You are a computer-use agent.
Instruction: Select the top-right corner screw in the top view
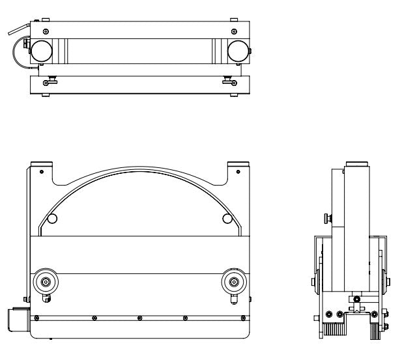pos(234,31)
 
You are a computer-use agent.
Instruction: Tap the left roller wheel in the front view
pos(46,282)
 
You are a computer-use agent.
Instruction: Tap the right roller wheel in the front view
pos(233,282)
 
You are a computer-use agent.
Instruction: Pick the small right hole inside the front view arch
pos(226,217)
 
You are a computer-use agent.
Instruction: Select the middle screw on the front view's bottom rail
pos(139,318)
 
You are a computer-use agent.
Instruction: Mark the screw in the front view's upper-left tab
pos(41,172)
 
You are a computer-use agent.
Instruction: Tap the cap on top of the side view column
pos(357,163)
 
